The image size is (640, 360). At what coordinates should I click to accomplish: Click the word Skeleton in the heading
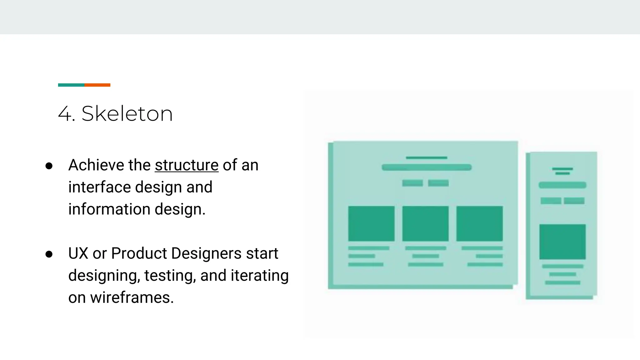(127, 113)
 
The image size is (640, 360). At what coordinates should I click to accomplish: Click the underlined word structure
(187, 165)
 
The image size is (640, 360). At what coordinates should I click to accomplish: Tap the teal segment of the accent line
(71, 85)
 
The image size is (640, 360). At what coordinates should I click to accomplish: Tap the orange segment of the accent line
(97, 85)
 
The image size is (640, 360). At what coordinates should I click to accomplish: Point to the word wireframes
(132, 297)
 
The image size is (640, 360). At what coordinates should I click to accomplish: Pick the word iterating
(259, 276)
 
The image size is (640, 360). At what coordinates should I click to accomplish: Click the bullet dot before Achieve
(49, 166)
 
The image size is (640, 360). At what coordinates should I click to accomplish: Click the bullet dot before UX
(49, 254)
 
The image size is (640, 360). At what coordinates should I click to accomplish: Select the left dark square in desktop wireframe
(371, 223)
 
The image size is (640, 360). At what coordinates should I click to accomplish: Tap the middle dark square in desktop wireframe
(425, 223)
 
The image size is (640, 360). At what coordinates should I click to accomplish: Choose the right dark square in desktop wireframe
(479, 223)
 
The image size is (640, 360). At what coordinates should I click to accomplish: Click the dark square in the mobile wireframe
(562, 242)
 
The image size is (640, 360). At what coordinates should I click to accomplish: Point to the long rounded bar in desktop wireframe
(427, 167)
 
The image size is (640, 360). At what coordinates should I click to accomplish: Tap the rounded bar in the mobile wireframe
(562, 185)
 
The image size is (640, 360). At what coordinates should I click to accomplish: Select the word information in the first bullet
(109, 209)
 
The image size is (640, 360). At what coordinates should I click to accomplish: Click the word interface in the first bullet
(99, 187)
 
